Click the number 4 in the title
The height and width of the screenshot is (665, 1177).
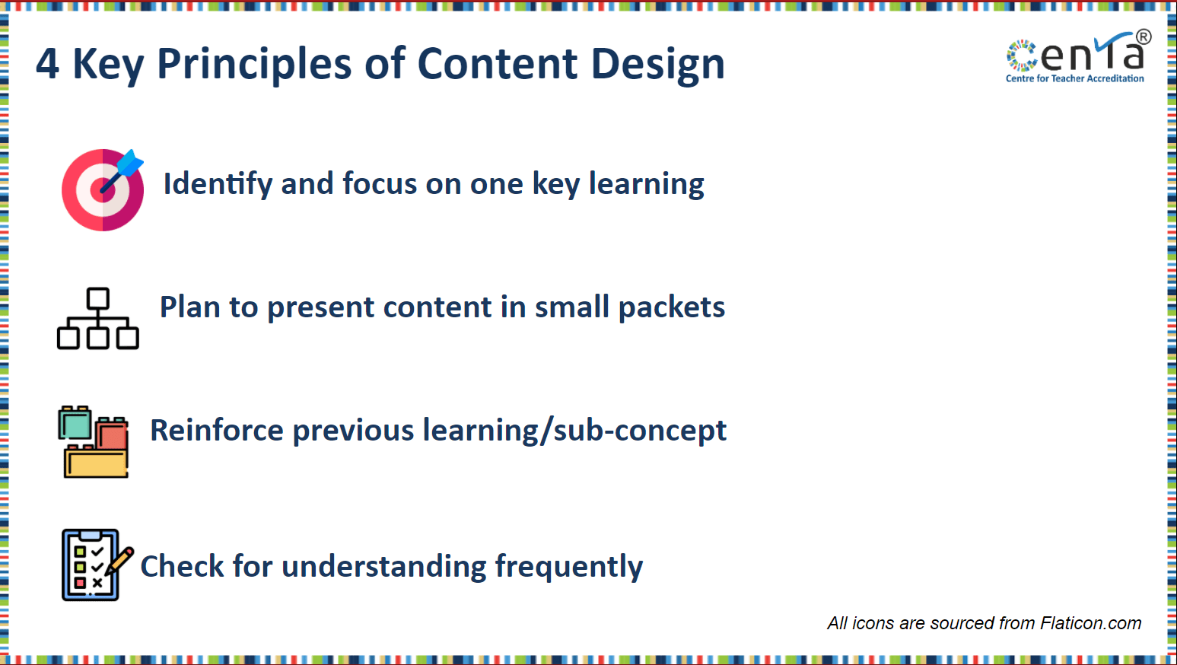[x=47, y=64]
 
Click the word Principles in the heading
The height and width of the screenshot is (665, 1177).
[x=254, y=65]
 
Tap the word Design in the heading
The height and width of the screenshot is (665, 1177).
[x=658, y=65]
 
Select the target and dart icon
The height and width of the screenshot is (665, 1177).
[x=103, y=189]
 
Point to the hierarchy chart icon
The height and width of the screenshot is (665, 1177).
[x=97, y=318]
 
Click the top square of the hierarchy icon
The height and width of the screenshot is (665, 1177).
[x=98, y=298]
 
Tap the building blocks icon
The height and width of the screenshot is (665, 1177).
[x=94, y=441]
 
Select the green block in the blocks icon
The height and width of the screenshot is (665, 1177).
[x=75, y=423]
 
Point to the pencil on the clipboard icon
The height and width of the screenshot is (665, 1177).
[x=119, y=561]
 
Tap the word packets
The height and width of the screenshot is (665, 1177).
[x=672, y=307]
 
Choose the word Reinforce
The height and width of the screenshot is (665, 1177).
[x=217, y=430]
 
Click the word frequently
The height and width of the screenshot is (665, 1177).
[x=568, y=567]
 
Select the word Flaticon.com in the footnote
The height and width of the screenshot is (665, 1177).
[x=1091, y=623]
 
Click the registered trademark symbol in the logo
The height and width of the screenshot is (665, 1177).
[x=1144, y=37]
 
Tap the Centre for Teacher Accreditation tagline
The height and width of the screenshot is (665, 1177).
[x=1074, y=78]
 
